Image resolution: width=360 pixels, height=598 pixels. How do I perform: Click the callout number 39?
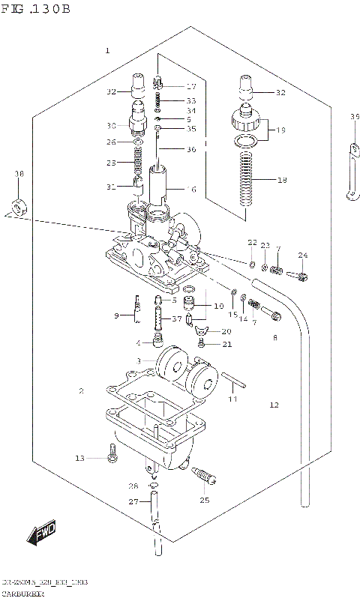(355, 116)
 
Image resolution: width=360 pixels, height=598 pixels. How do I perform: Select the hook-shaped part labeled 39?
(351, 172)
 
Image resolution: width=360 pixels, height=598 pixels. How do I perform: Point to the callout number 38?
(19, 174)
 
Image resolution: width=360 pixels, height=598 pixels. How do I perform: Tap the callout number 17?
(190, 86)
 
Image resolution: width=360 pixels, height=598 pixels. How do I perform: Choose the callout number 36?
(190, 149)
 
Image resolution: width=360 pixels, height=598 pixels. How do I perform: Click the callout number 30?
(111, 125)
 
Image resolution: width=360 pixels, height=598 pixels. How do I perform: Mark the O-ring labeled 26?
(139, 142)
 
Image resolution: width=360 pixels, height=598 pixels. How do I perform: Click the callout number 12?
(274, 405)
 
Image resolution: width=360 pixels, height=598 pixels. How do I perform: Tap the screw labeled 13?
(112, 454)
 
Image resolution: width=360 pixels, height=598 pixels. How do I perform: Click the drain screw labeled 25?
(205, 475)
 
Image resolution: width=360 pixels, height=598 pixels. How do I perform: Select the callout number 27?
(133, 501)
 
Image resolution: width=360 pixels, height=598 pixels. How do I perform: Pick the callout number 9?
(117, 315)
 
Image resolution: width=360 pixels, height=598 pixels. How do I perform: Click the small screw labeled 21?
(202, 343)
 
